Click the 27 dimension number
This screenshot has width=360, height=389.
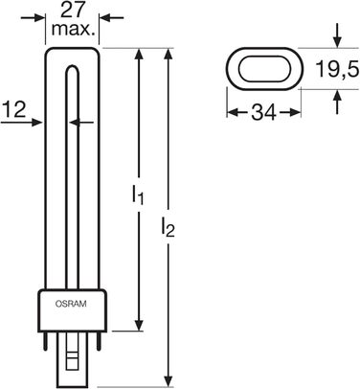coord(72,11)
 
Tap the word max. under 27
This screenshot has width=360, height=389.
coord(74,30)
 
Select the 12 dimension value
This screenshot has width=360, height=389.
coord(13,109)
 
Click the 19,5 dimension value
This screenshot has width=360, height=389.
coord(337,68)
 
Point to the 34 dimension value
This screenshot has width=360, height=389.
coord(263,112)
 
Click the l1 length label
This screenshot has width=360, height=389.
coord(138,195)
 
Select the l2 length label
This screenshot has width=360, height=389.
coord(168,228)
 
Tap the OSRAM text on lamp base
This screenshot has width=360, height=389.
coord(71,304)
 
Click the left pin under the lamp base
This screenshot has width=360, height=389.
coord(46,341)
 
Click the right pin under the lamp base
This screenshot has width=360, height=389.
coord(99,341)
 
